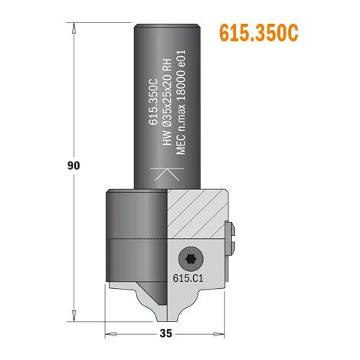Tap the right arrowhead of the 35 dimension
[x=225, y=333]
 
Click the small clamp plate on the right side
[x=231, y=238]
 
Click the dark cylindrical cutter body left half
[x=135, y=230]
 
